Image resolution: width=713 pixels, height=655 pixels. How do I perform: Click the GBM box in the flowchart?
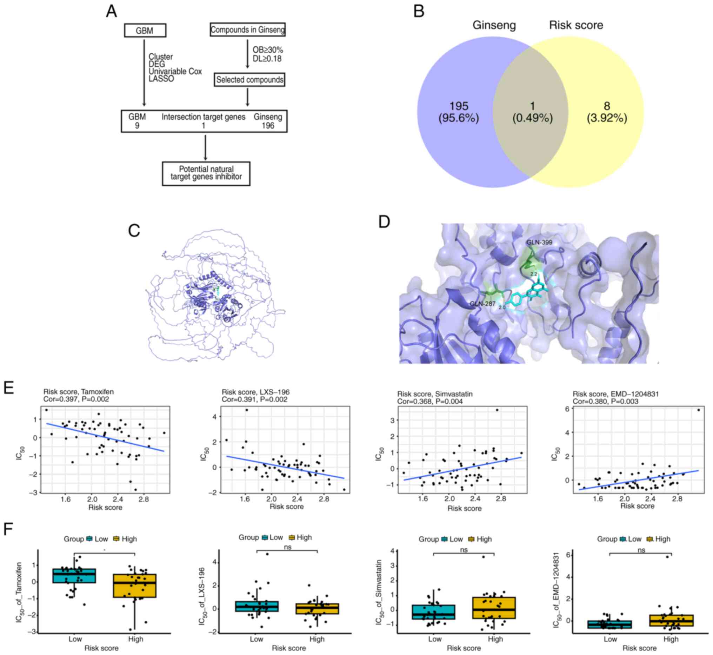tap(145, 31)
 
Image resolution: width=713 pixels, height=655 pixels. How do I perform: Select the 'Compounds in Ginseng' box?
tap(247, 30)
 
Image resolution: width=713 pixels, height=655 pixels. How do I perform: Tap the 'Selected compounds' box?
tap(249, 80)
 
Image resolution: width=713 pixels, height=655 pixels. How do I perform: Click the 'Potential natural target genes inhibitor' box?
tap(206, 173)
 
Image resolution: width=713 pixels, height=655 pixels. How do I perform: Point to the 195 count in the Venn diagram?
tap(459, 106)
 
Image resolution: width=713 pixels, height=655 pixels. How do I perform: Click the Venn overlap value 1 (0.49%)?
tap(532, 112)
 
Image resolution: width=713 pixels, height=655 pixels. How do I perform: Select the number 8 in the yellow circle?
tap(607, 106)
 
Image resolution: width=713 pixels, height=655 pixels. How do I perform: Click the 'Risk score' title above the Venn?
tap(576, 25)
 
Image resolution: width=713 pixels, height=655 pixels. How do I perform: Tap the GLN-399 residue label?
tap(539, 243)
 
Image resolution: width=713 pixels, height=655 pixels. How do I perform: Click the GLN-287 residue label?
tap(482, 304)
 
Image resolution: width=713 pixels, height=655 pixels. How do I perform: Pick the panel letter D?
tap(384, 222)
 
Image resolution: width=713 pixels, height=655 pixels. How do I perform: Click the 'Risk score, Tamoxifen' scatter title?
tap(78, 392)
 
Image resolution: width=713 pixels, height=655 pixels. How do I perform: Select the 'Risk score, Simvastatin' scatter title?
tap(435, 394)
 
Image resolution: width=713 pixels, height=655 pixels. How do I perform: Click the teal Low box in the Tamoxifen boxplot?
tap(74, 576)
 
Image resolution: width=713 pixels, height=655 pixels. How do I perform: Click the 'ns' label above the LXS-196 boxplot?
tap(287, 547)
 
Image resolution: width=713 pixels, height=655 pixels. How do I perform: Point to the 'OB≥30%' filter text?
tap(268, 50)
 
